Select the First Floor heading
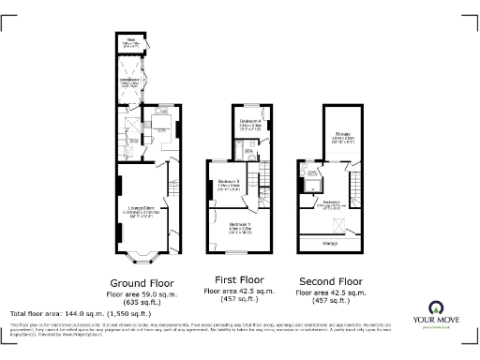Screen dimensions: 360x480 [x=238, y=280]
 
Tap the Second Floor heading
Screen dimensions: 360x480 [x=329, y=280]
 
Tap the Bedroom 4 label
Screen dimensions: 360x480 [x=248, y=123]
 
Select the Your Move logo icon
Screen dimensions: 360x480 [x=437, y=307]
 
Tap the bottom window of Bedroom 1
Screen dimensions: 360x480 [x=241, y=254]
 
